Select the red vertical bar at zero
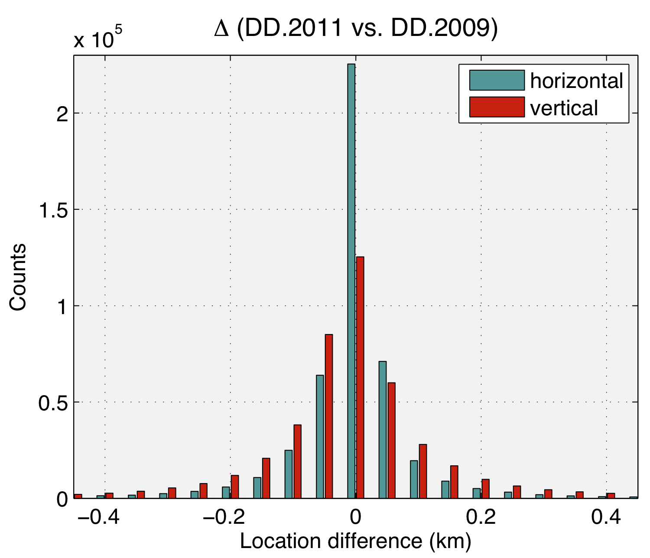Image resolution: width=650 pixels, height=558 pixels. coord(360,377)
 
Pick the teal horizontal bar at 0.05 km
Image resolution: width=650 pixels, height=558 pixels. coord(383,429)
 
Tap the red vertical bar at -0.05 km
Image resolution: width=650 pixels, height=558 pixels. coord(329,416)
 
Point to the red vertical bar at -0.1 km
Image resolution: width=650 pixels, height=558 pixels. coord(297,461)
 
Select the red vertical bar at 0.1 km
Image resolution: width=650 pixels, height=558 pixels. coord(423,471)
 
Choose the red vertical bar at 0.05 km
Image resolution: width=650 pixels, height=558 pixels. coord(391,440)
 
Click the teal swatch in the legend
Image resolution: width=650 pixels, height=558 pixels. coord(497,81)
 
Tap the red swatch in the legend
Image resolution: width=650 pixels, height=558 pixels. coord(497,107)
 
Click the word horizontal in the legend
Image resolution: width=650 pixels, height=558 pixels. coord(576,81)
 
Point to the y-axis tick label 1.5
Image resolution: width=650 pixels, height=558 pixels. coord(52,210)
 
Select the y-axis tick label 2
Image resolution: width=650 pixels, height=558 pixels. coord(61,114)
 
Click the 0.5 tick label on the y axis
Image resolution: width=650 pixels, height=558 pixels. coord(52,402)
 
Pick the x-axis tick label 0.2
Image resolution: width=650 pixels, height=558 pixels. coord(481,517)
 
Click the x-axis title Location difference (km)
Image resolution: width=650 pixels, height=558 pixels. coord(355,542)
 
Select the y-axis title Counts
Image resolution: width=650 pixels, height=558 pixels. coord(18,277)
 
